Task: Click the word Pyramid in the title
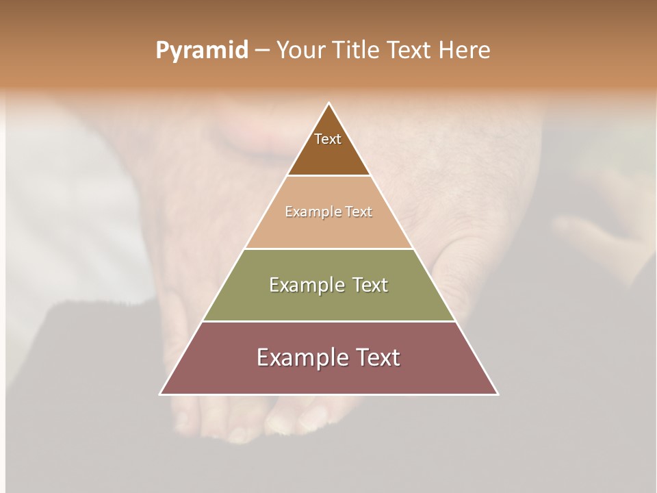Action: [202, 51]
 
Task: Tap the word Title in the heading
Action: [359, 51]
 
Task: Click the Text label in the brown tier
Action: [328, 139]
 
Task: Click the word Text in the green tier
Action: [370, 286]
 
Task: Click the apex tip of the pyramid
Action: [329, 103]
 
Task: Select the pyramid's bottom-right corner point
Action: [498, 394]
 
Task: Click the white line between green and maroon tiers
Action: [329, 321]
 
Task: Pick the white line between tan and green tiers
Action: [329, 249]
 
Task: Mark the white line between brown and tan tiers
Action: [329, 176]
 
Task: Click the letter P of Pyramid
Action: [162, 51]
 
